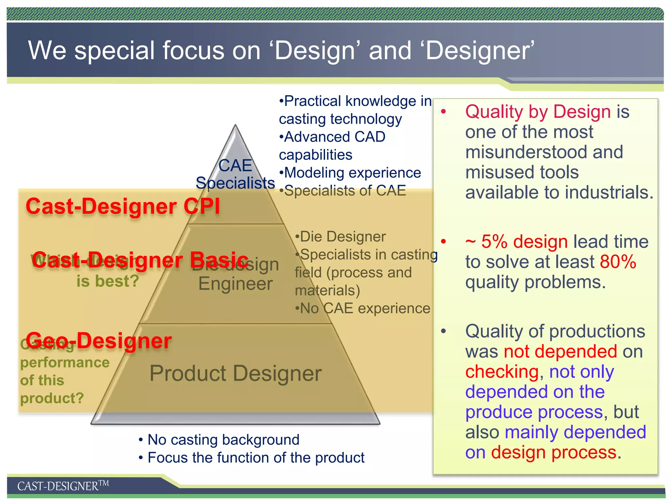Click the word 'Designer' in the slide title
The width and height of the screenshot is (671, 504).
480,51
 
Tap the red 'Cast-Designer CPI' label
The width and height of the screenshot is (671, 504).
123,207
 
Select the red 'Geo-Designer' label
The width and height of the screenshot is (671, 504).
99,341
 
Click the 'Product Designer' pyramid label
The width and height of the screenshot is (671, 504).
236,373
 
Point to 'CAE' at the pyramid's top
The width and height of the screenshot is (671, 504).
235,165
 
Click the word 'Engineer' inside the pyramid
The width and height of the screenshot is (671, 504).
236,283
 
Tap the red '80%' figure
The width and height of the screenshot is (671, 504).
618,262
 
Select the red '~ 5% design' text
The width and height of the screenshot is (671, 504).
516,242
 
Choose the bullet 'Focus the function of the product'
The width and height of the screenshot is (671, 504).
256,458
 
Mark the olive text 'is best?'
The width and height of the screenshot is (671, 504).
108,281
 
